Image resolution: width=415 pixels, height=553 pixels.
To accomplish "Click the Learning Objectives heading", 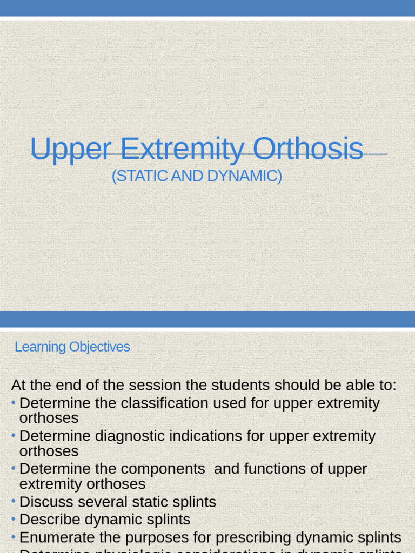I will coord(72,347).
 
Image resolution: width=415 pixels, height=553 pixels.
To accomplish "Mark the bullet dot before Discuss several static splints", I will coord(14,502).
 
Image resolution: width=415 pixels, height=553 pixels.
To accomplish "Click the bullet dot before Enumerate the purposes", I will coord(14,537).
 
